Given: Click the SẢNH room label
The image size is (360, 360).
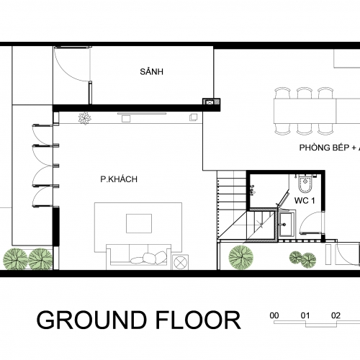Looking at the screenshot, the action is [x=152, y=71].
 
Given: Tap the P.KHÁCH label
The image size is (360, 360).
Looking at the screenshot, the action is [x=119, y=179].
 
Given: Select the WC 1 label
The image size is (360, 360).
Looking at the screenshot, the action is [x=305, y=200].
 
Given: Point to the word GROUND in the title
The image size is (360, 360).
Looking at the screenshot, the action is [x=91, y=320].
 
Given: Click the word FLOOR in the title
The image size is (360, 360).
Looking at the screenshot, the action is [x=199, y=320].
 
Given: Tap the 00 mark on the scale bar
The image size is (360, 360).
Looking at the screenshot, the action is [x=274, y=315].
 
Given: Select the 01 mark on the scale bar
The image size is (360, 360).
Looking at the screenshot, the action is [x=305, y=315].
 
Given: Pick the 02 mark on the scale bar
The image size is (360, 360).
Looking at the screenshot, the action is [x=336, y=315].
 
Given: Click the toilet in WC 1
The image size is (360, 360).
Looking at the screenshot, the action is [x=305, y=184].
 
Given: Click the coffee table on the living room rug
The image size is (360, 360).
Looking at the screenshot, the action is [x=139, y=223].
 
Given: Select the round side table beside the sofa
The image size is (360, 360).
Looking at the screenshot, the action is [x=181, y=262].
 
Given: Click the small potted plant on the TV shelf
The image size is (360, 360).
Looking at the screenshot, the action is [x=85, y=118].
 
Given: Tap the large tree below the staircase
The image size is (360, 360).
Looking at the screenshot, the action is [x=241, y=257].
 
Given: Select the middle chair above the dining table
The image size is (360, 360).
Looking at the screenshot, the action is [x=304, y=93].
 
